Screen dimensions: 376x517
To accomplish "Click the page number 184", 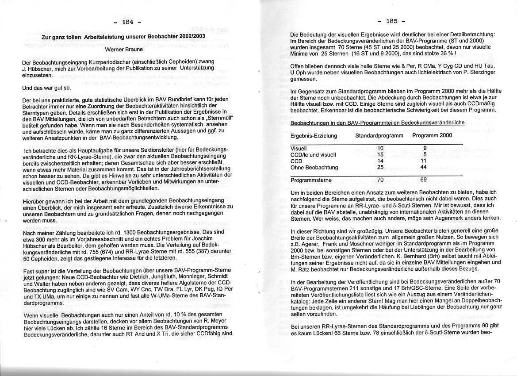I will (127, 22).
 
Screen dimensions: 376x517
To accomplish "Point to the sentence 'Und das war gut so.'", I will (46, 88).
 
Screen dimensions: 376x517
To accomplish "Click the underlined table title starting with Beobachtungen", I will (377, 123).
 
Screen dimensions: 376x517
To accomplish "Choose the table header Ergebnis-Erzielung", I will (314, 135).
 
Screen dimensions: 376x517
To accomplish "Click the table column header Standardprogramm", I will (379, 135).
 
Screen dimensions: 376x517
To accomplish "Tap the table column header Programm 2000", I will (432, 135).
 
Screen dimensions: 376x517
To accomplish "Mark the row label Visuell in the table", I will (299, 149).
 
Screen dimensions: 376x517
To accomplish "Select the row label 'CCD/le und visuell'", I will (313, 155).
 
